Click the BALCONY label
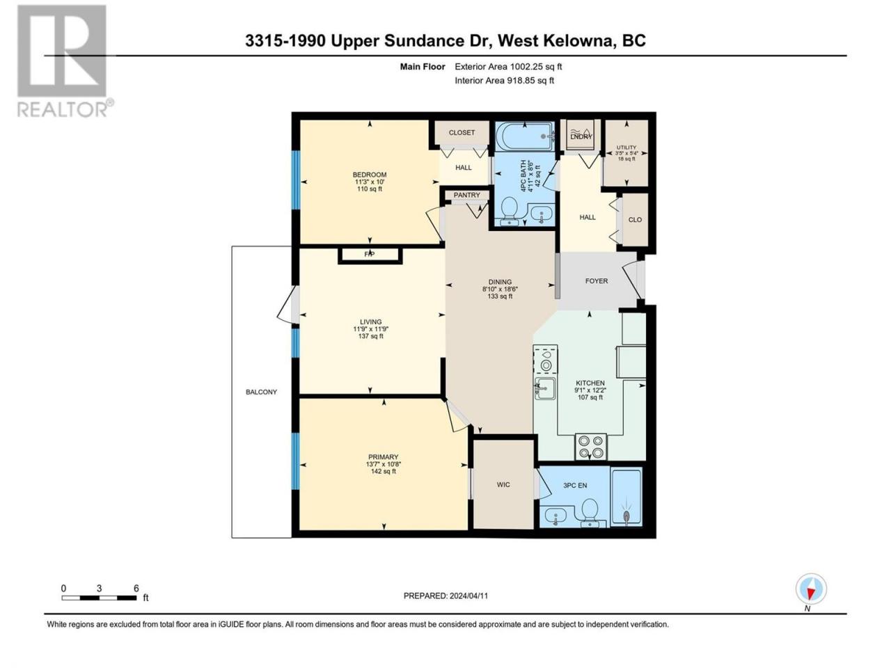coord(261,392)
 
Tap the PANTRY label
coord(466,195)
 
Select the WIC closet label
coord(503,484)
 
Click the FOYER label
coord(597,280)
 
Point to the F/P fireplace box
coord(370,255)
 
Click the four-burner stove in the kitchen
coord(590,446)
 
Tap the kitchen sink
coord(545,388)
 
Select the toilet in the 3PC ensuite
coord(590,512)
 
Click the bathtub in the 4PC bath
coord(524,136)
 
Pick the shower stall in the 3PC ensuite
coord(626,497)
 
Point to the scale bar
coord(100,598)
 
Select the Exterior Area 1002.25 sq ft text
coord(508,67)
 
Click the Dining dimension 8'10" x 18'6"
coord(500,289)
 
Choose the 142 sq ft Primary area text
coord(383,471)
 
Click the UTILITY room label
coord(626,148)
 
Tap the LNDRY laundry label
coord(581,136)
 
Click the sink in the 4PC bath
coord(541,213)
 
